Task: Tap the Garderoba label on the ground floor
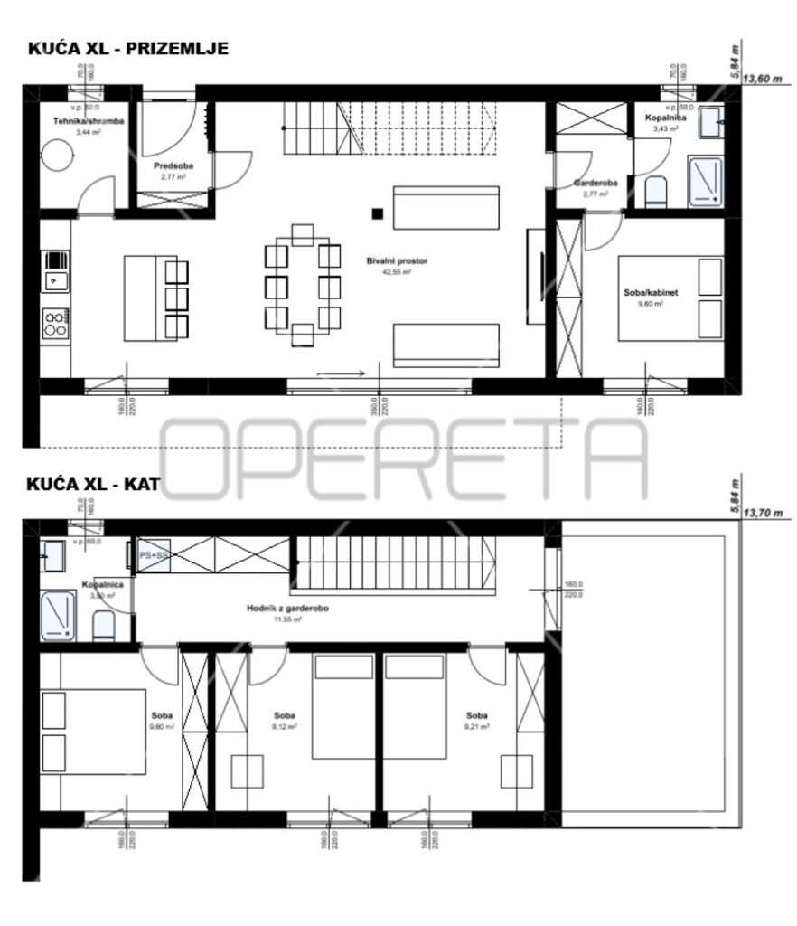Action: coord(595,184)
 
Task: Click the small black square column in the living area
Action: coord(377,214)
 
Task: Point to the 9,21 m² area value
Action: coord(479,726)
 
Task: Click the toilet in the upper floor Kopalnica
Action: coord(104,625)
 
